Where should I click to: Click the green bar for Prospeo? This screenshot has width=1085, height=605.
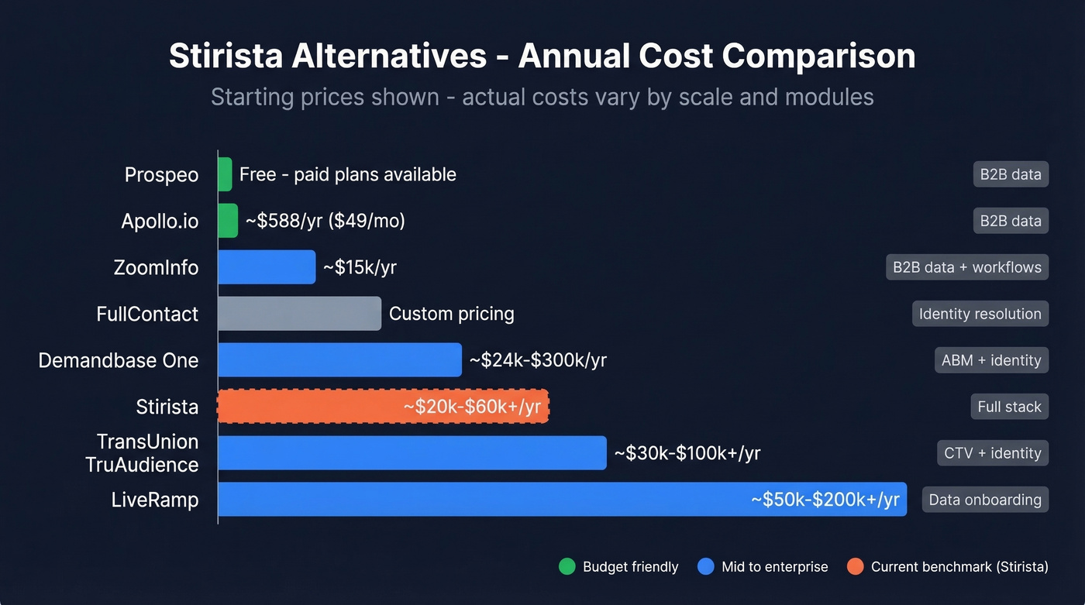pyautogui.click(x=225, y=174)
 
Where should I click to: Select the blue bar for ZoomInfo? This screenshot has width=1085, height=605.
pyautogui.click(x=267, y=267)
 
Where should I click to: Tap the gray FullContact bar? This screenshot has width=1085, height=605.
pyautogui.click(x=299, y=314)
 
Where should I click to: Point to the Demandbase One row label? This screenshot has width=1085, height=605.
pyautogui.click(x=119, y=360)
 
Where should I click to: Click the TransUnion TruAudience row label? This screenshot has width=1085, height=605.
pyautogui.click(x=147, y=453)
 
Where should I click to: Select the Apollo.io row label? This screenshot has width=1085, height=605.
pyautogui.click(x=160, y=221)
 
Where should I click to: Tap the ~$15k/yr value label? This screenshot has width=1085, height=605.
pyautogui.click(x=360, y=267)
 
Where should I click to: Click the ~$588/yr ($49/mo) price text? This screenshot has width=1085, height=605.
pyautogui.click(x=325, y=221)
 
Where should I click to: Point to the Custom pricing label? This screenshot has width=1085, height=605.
pyautogui.click(x=451, y=314)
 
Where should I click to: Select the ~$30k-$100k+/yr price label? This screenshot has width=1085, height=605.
pyautogui.click(x=687, y=453)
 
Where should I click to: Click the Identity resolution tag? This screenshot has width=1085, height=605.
pyautogui.click(x=980, y=314)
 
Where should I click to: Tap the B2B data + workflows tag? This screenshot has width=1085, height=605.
pyautogui.click(x=966, y=267)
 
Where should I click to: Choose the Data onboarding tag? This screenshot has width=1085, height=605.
pyautogui.click(x=984, y=500)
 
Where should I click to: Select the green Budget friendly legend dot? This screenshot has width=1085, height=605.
pyautogui.click(x=567, y=567)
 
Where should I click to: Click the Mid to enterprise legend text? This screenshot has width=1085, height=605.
pyautogui.click(x=774, y=567)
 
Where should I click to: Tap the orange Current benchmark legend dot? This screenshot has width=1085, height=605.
pyautogui.click(x=856, y=567)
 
